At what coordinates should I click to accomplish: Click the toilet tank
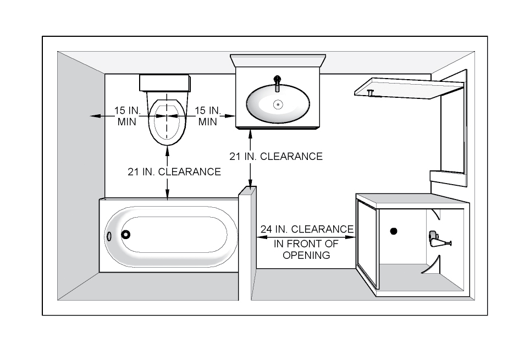click(165, 84)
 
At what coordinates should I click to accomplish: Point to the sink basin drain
click(278, 104)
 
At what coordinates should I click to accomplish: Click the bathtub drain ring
click(126, 234)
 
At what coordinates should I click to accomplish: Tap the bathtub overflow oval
click(109, 235)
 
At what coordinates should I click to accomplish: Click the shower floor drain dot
click(394, 231)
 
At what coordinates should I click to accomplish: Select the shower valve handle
click(438, 239)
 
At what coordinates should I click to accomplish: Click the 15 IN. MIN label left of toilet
click(128, 116)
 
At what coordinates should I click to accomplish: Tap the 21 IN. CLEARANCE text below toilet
click(174, 171)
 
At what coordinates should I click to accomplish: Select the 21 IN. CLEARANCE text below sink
click(276, 157)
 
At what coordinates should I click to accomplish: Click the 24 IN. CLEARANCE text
click(307, 229)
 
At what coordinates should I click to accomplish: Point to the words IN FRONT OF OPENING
click(306, 250)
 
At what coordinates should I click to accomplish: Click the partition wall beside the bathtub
click(245, 242)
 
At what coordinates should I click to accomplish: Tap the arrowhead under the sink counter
click(251, 134)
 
